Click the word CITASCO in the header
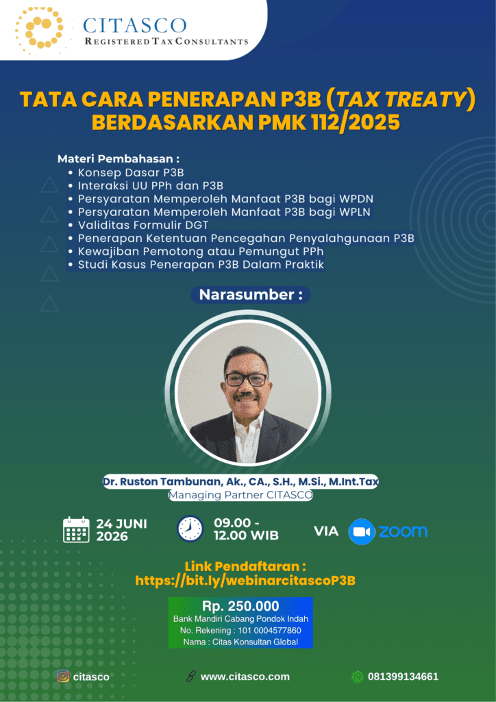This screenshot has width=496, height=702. click(135, 25)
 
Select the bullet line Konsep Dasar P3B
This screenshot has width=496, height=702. click(131, 172)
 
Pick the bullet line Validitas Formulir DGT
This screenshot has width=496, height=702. click(143, 225)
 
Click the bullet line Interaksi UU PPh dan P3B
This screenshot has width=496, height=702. click(151, 185)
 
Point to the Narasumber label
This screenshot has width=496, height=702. click(250, 295)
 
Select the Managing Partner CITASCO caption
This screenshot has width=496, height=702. click(240, 495)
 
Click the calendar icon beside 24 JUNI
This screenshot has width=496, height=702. click(77, 530)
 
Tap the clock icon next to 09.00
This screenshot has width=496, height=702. click(190, 529)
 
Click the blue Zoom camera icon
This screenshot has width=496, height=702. click(361, 532)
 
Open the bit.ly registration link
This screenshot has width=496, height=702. click(245, 581)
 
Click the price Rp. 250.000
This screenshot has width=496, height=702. click(240, 606)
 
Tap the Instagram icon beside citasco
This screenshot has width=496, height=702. click(63, 676)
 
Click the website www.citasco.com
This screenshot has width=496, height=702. click(245, 677)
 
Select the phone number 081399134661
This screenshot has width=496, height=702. click(403, 677)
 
